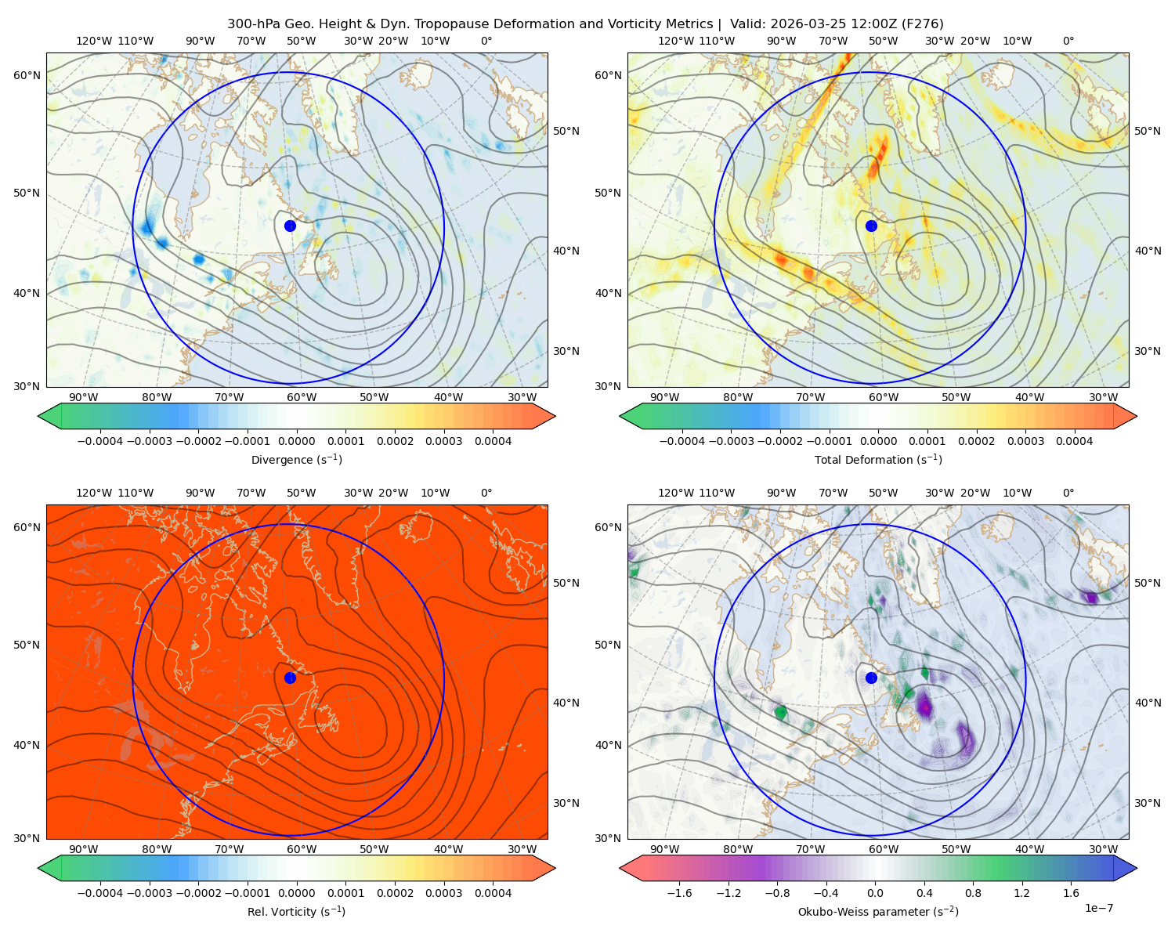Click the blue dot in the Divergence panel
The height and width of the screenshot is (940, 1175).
tap(290, 226)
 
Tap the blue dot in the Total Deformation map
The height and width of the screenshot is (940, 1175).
tap(871, 226)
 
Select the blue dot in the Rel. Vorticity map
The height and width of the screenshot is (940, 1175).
tap(290, 678)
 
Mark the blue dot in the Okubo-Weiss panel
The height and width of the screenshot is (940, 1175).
tap(871, 678)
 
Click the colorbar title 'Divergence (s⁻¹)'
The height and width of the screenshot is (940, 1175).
tap(296, 459)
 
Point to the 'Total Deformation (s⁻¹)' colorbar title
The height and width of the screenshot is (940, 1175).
tap(878, 459)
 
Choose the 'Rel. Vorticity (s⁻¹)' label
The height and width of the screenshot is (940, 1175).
tap(296, 911)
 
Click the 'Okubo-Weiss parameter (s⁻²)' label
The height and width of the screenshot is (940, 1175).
tap(878, 911)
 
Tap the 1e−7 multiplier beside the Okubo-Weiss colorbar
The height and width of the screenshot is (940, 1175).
tap(1098, 908)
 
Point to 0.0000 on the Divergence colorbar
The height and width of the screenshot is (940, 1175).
tap(296, 441)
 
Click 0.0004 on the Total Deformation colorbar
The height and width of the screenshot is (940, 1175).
tap(1074, 441)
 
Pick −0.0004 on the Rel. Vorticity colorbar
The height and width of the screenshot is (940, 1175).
tap(100, 892)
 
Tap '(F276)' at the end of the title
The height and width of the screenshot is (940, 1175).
tap(924, 24)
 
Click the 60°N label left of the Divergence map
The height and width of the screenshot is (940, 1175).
tap(27, 75)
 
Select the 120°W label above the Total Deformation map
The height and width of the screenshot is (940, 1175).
tap(675, 41)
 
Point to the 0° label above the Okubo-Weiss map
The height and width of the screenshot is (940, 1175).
tap(1068, 493)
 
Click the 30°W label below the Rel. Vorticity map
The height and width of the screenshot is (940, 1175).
tap(522, 849)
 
